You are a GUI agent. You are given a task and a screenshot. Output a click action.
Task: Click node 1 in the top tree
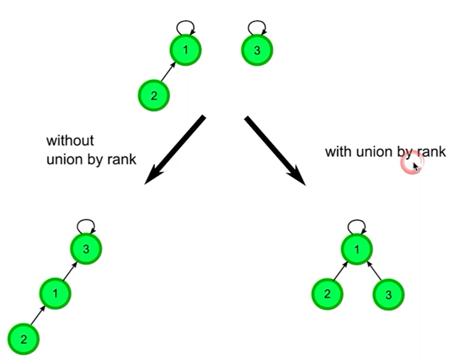click(185, 50)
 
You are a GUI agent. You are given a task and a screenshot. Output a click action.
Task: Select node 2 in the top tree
click(153, 95)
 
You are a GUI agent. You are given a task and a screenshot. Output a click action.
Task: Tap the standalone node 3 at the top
click(257, 50)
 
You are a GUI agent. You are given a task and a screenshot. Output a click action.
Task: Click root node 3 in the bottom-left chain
click(86, 249)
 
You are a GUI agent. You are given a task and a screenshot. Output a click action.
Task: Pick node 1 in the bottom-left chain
click(55, 293)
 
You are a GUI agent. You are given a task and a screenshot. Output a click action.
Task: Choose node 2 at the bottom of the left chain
click(23, 339)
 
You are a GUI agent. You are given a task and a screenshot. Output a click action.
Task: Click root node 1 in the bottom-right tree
click(357, 249)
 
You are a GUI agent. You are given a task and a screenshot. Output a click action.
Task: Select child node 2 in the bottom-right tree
click(327, 294)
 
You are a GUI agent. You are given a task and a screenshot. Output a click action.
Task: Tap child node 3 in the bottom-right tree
click(388, 295)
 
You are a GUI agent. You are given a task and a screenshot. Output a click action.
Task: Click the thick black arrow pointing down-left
click(175, 149)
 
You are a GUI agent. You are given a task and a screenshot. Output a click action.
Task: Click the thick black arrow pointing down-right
click(275, 149)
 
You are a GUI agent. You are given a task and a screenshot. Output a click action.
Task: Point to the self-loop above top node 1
click(185, 26)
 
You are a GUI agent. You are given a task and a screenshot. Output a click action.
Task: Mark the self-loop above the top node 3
click(257, 26)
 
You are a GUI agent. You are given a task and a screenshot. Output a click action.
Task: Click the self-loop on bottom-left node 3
click(86, 225)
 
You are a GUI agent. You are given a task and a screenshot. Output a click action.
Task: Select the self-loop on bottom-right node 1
click(357, 225)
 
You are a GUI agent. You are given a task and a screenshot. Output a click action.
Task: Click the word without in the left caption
click(70, 141)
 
